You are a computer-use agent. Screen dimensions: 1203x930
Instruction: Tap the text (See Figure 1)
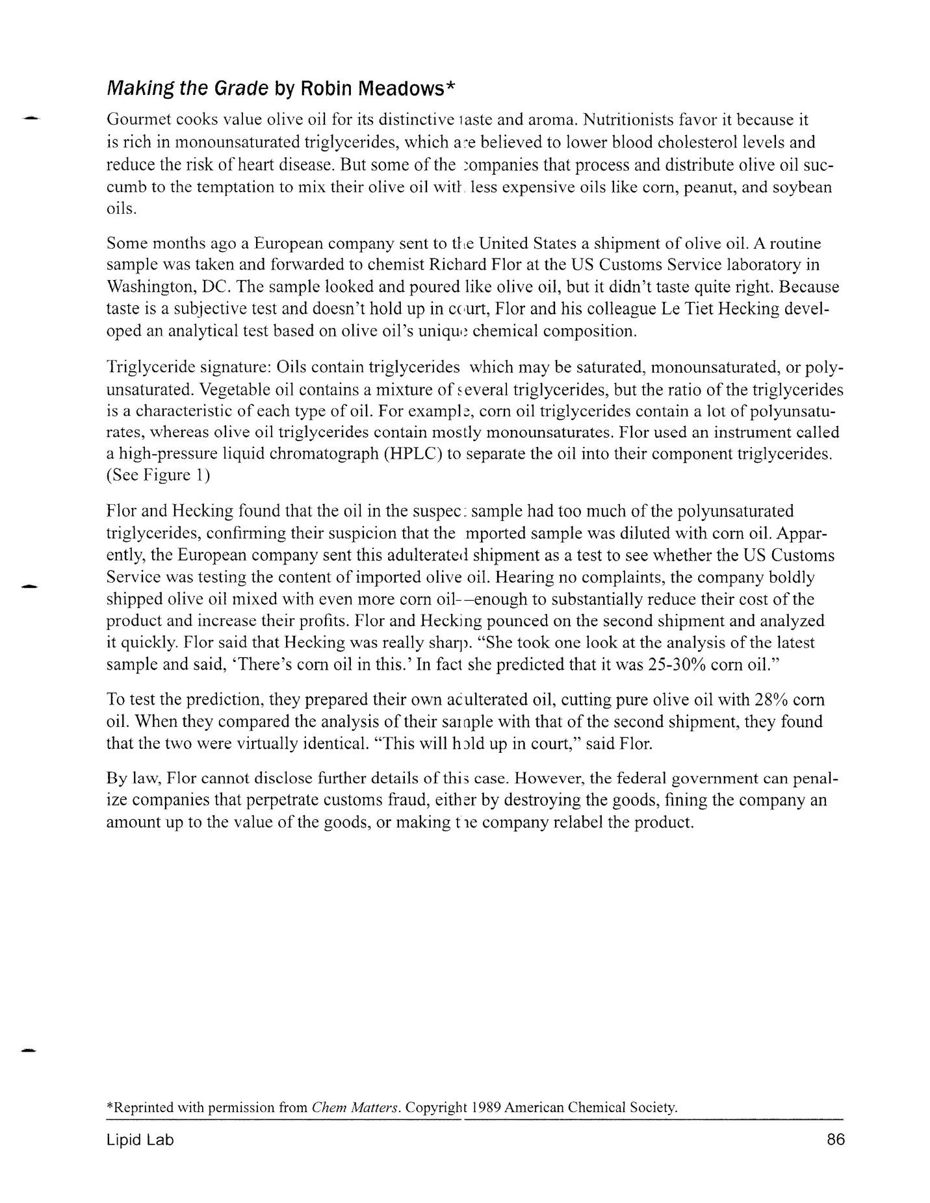tap(158, 475)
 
